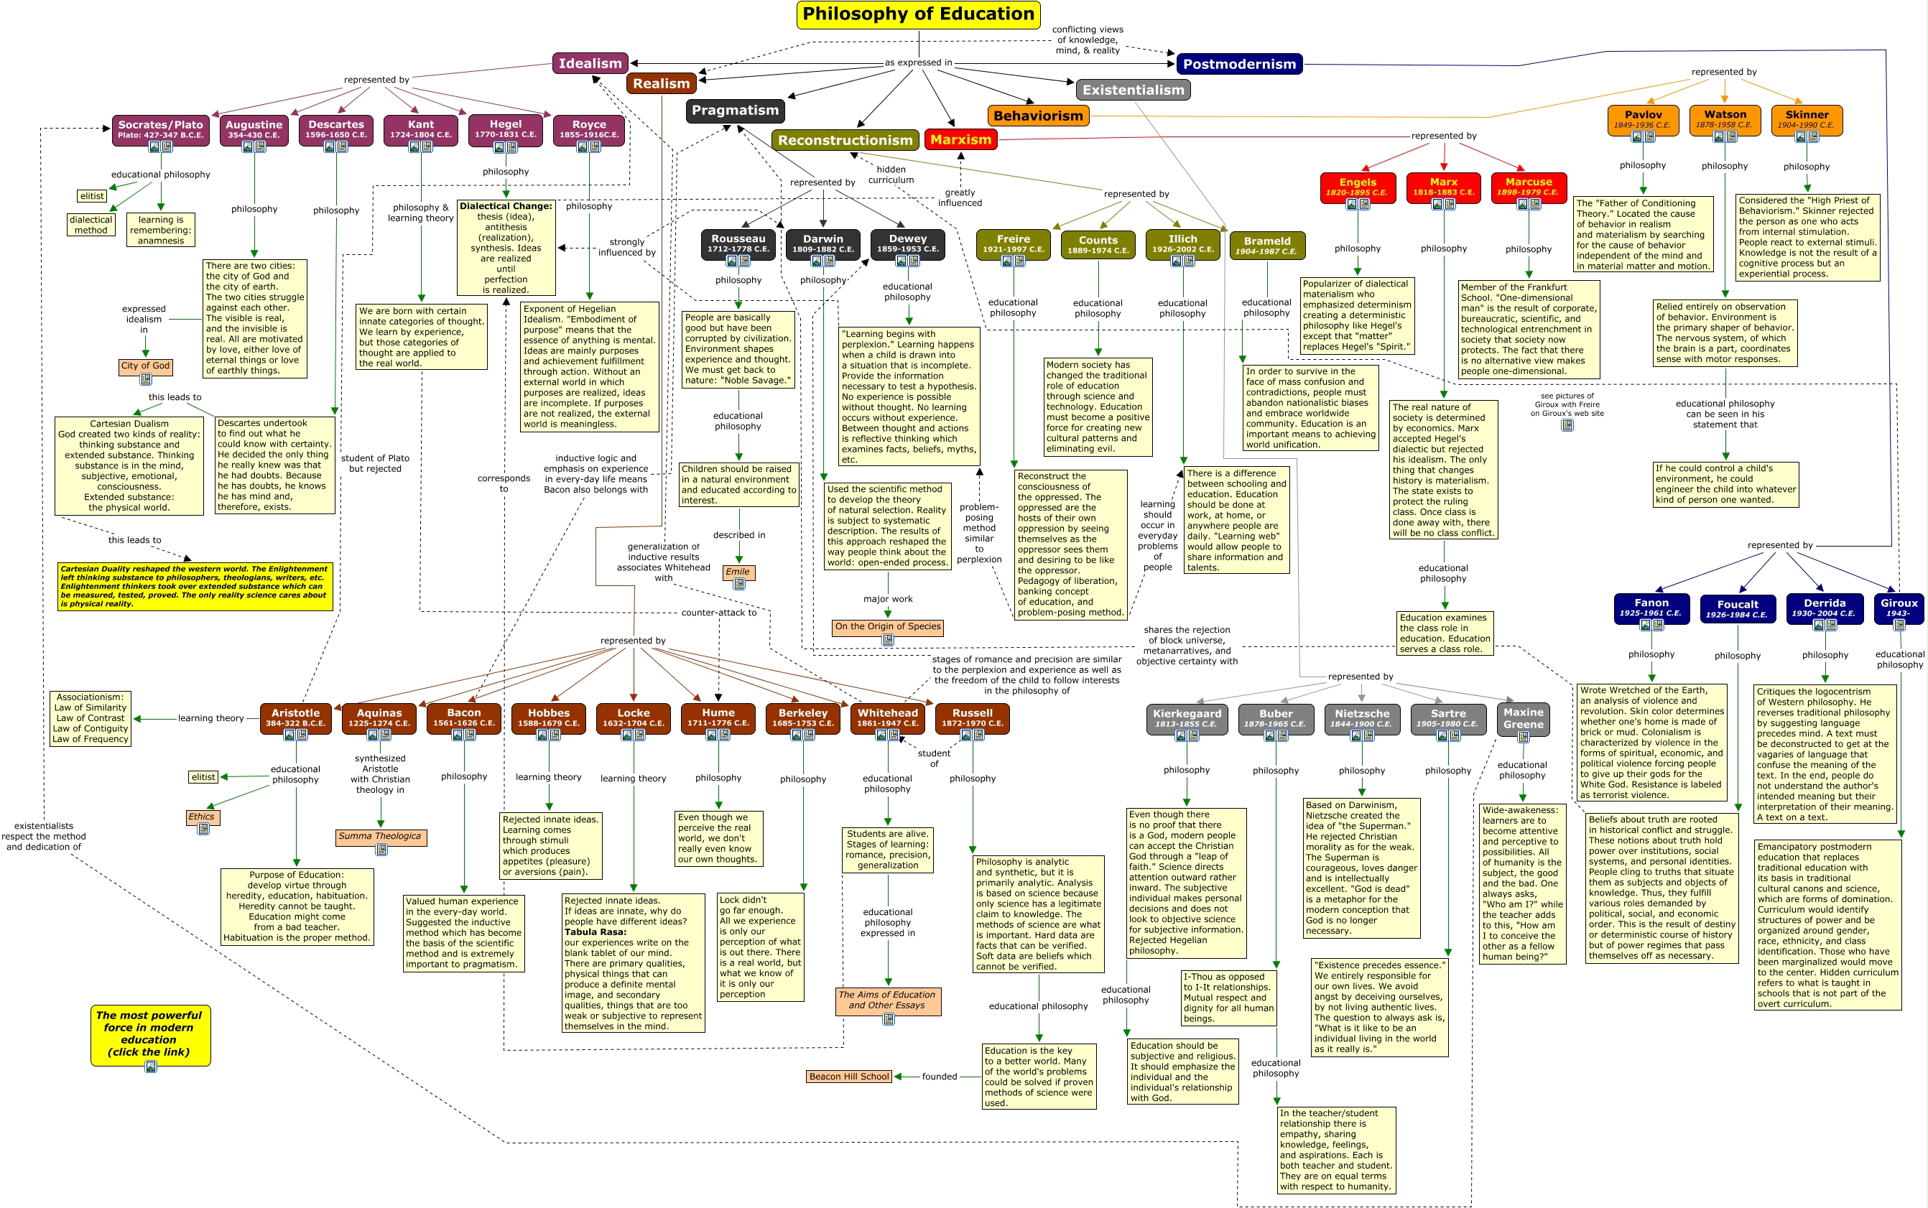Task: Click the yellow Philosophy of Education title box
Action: pyautogui.click(x=918, y=14)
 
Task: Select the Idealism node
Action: pyautogui.click(x=590, y=63)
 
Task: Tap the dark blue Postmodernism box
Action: pyautogui.click(x=1238, y=64)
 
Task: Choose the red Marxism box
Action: pyautogui.click(x=960, y=140)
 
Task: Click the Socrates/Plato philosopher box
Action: pyautogui.click(x=161, y=128)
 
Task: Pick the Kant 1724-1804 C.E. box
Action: pyautogui.click(x=420, y=128)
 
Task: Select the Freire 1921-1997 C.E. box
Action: pyautogui.click(x=1013, y=243)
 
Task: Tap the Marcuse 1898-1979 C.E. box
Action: pyautogui.click(x=1529, y=185)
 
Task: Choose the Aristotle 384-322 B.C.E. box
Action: pyautogui.click(x=296, y=717)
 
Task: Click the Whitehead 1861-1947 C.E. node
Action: pyautogui.click(x=888, y=717)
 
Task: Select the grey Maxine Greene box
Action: pyautogui.click(x=1523, y=718)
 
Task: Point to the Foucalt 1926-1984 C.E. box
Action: pyautogui.click(x=1737, y=609)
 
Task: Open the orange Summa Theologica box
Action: pyautogui.click(x=380, y=837)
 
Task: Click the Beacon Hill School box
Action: pyautogui.click(x=848, y=1076)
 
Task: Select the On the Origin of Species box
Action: pyautogui.click(x=887, y=627)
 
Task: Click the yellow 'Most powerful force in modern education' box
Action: pyautogui.click(x=149, y=1033)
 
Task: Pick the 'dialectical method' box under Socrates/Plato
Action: pyautogui.click(x=91, y=225)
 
